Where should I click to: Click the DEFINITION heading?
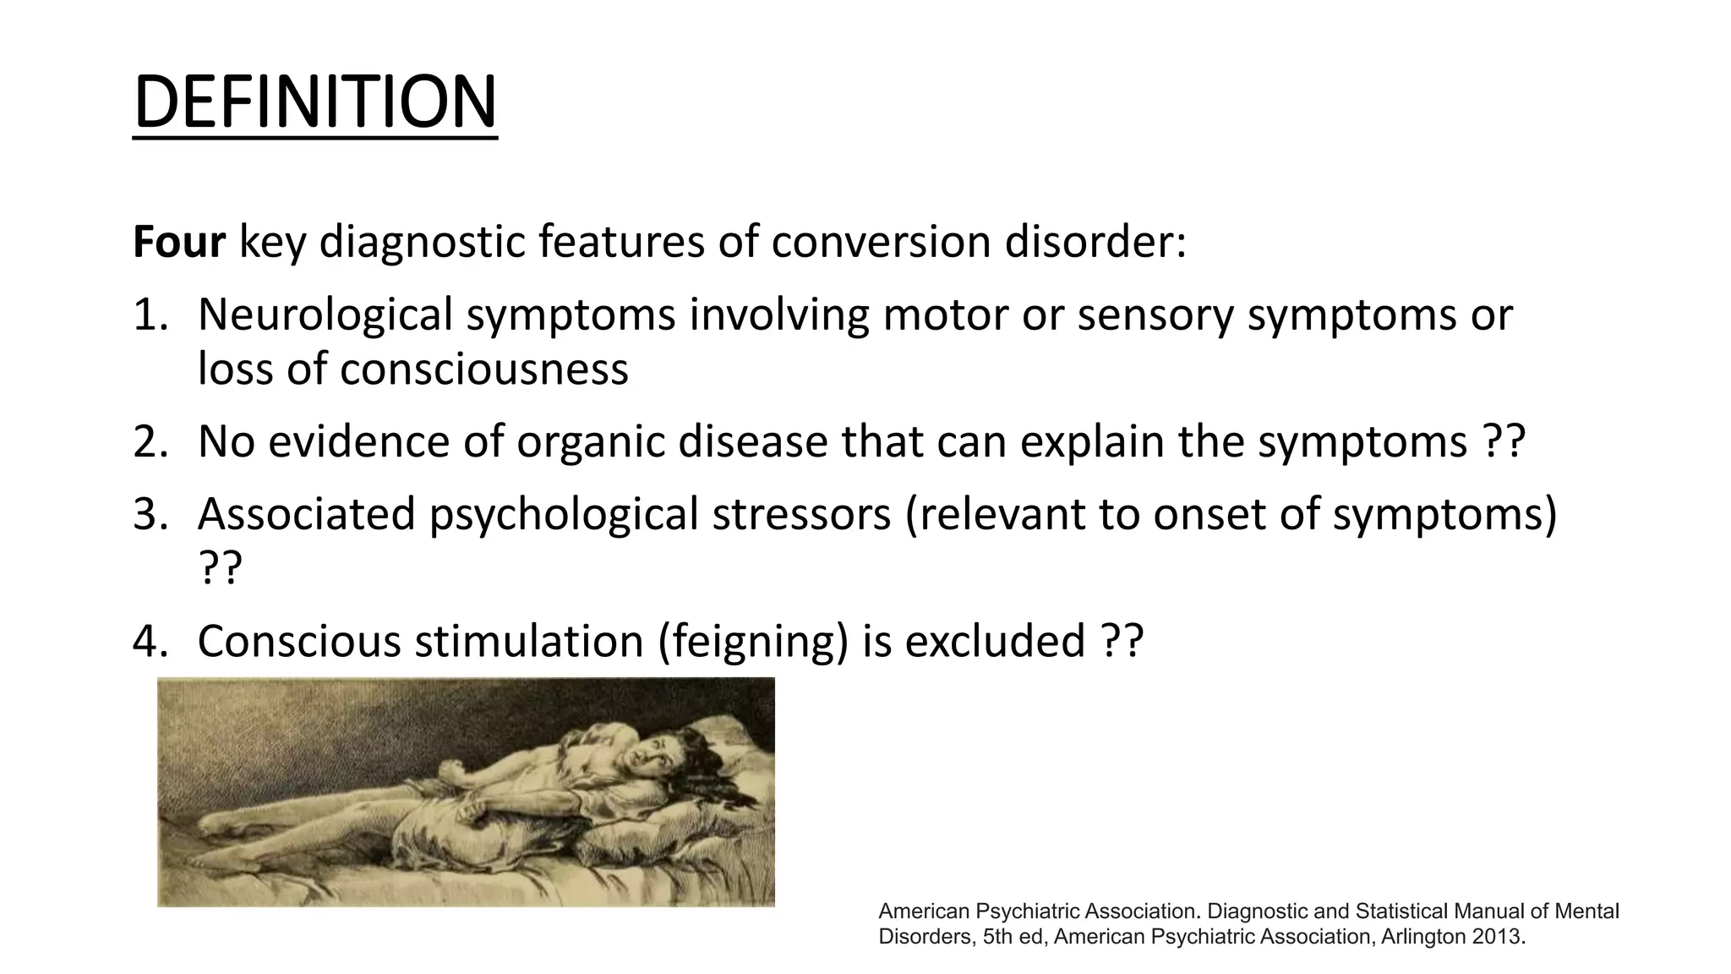click(x=315, y=102)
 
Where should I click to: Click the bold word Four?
click(x=179, y=243)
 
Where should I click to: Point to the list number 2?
click(x=151, y=442)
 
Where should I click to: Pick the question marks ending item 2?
click(x=1504, y=442)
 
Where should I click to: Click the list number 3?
click(x=151, y=515)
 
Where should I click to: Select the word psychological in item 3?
click(x=563, y=515)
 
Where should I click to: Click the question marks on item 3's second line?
click(x=220, y=569)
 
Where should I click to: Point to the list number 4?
click(x=151, y=642)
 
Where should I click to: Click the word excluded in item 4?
click(x=995, y=642)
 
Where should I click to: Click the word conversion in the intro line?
click(x=881, y=243)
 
